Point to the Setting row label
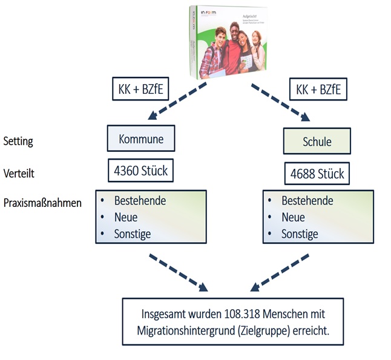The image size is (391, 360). point(19,141)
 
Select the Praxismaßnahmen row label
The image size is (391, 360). point(42,203)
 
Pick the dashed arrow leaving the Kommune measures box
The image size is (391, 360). point(179,271)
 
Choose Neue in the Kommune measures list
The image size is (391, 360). point(126,217)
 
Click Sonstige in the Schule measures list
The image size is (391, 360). point(300,234)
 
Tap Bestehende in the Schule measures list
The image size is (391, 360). point(307,201)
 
